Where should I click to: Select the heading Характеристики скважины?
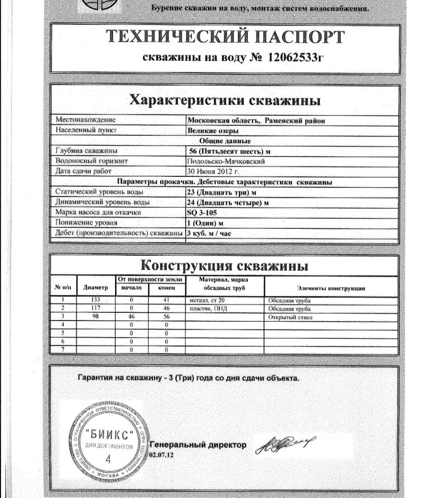tap(224, 100)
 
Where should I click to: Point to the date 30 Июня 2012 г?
tap(213, 171)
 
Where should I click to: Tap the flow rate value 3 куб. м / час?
tap(209, 233)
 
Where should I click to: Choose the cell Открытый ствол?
tap(290, 317)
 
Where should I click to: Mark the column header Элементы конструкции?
tap(331, 288)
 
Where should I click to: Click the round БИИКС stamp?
tap(108, 441)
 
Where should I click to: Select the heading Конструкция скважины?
tap(224, 266)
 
